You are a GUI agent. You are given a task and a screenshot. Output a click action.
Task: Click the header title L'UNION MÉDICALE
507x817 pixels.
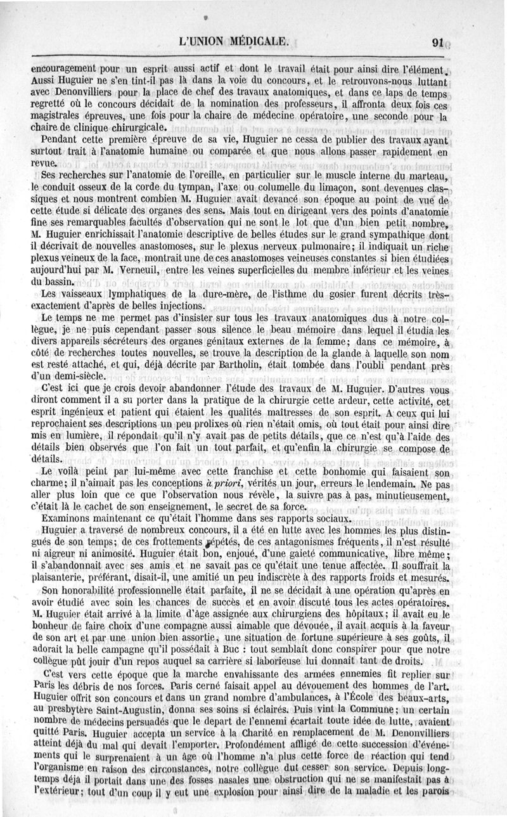234,43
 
